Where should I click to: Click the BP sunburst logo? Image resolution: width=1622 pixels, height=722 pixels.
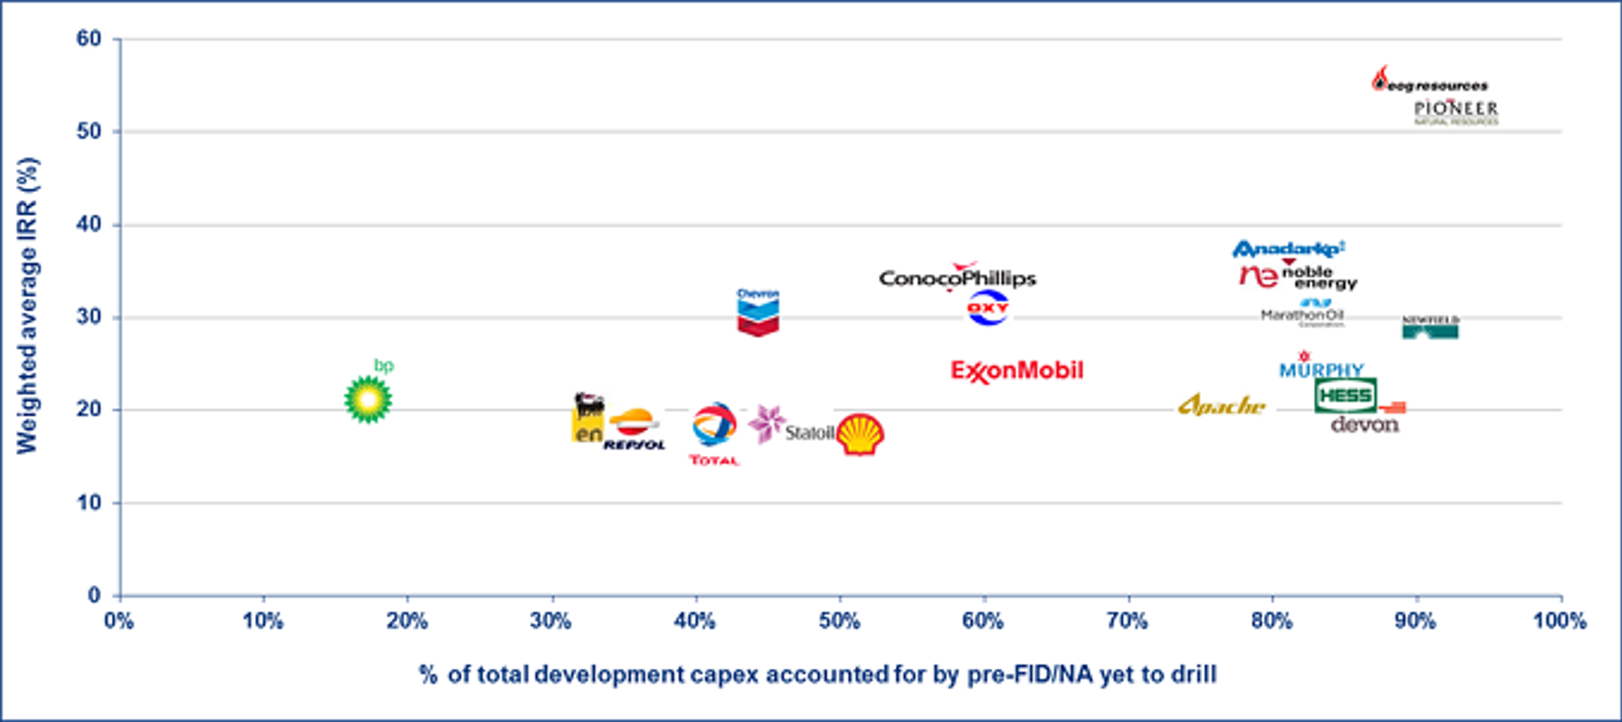pos(368,399)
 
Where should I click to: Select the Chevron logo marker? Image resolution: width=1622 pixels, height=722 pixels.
pos(758,313)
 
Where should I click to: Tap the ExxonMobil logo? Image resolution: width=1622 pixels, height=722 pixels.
pos(1017,370)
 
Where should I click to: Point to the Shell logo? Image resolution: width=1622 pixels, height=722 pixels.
pos(860,434)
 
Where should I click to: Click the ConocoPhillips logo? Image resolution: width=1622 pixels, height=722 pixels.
pos(958,278)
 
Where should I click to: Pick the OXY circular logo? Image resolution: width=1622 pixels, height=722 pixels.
pos(988,308)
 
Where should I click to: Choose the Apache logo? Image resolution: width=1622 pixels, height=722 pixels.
pos(1221,406)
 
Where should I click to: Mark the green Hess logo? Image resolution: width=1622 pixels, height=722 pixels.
pos(1345,396)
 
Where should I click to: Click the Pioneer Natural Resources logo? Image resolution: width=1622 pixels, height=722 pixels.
pos(1455,112)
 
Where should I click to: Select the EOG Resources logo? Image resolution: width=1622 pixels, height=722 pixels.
pos(1430,82)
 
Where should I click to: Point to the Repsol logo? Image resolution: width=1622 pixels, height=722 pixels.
pos(634,430)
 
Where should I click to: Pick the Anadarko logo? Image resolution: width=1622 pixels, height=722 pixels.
pos(1289,249)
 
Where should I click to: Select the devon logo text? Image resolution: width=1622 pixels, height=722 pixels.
pos(1364,425)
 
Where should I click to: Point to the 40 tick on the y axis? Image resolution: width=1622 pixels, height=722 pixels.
pos(89,224)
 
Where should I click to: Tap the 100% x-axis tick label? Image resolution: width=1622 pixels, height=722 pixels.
pos(1560,621)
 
